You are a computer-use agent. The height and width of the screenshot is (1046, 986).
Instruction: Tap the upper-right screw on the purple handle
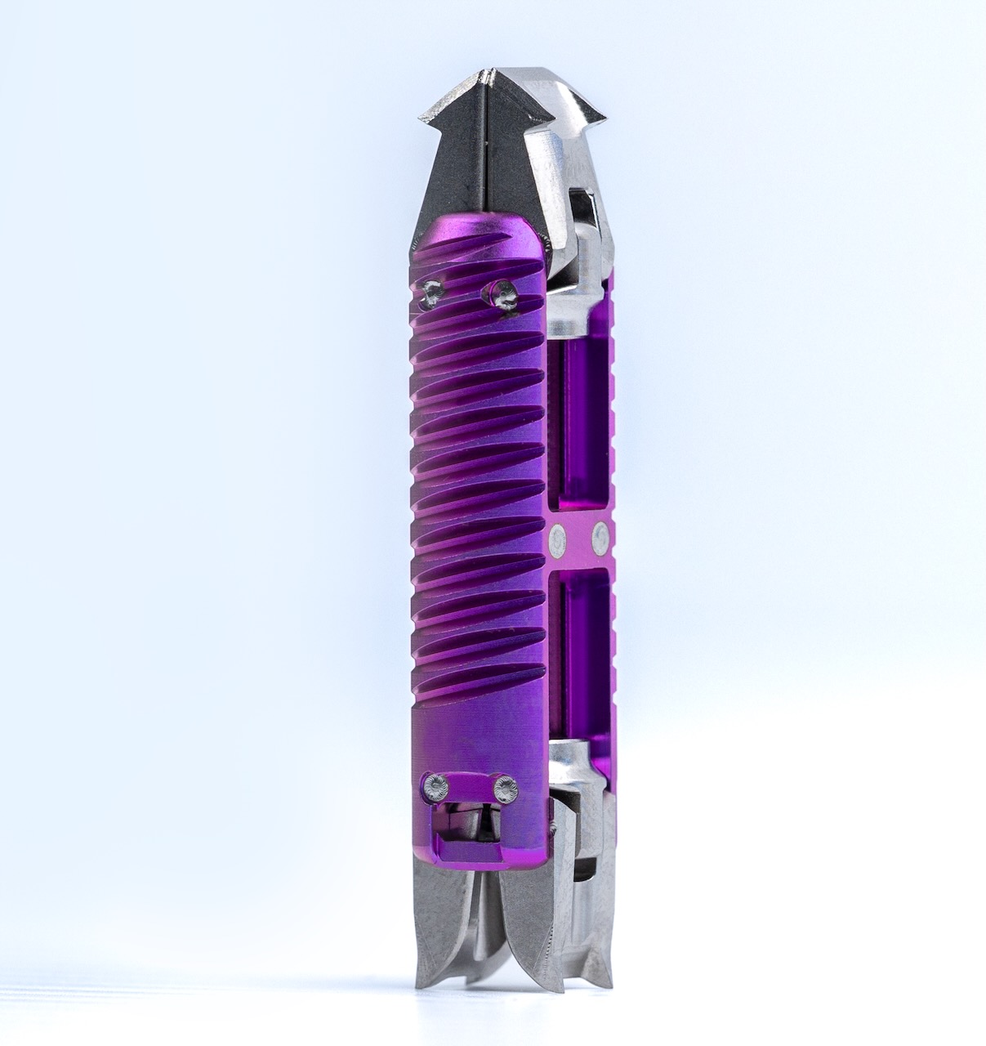500,290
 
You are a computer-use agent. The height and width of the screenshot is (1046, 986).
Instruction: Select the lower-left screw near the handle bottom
435,788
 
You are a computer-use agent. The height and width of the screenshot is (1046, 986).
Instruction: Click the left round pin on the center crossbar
559,537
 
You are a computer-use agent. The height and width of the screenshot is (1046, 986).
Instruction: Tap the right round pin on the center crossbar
600,537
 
